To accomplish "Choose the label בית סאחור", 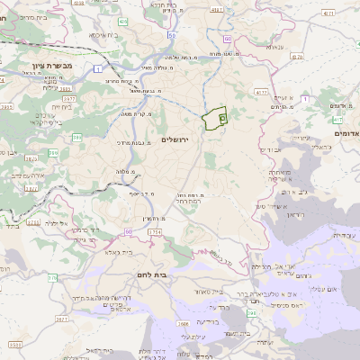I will click(x=207, y=292).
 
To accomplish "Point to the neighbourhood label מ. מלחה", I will click(x=126, y=172).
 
